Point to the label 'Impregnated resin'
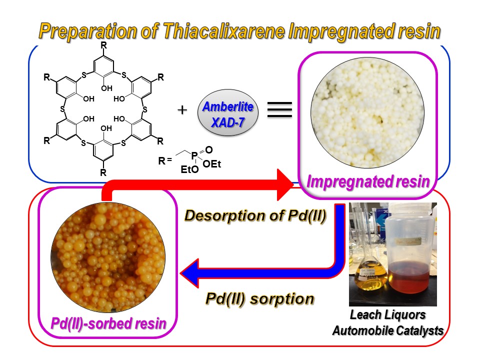pyautogui.click(x=367, y=181)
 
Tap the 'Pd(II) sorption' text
pyautogui.click(x=260, y=298)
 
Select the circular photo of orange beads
pyautogui.click(x=108, y=255)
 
